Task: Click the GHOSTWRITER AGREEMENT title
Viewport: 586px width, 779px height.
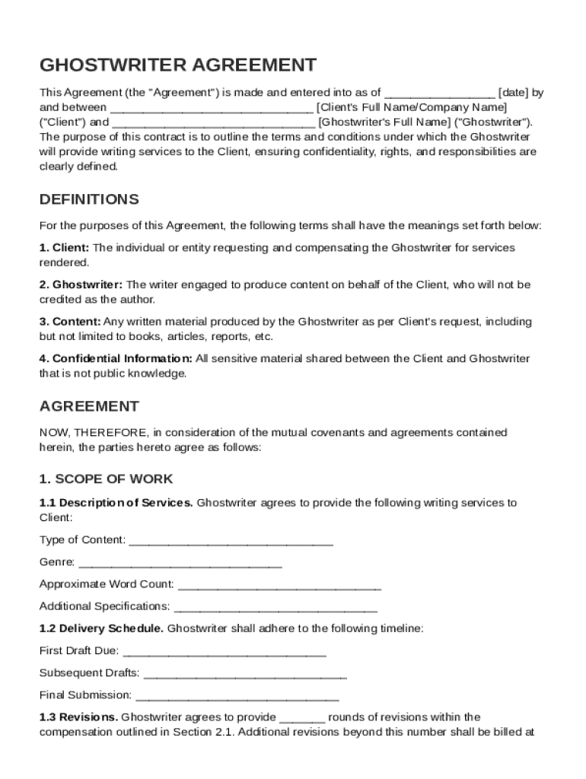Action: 177,65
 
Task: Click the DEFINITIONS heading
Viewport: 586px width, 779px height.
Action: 89,199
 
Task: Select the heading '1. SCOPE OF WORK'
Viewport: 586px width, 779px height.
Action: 106,479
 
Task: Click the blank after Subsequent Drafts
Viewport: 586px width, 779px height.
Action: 244,674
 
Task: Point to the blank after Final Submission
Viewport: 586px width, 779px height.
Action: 237,696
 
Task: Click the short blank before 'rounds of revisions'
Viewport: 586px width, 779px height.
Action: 302,718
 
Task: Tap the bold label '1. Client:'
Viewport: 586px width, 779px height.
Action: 65,248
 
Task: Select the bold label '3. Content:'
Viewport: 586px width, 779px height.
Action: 70,322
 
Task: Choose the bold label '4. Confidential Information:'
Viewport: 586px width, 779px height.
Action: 116,358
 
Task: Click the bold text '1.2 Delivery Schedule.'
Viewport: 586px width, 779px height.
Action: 101,629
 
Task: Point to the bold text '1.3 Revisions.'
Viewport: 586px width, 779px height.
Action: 78,717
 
